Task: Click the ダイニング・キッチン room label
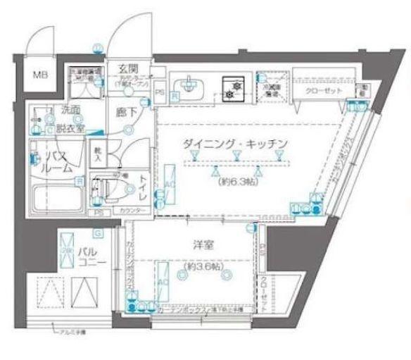pyautogui.click(x=235, y=143)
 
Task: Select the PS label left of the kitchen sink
pyautogui.click(x=160, y=92)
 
